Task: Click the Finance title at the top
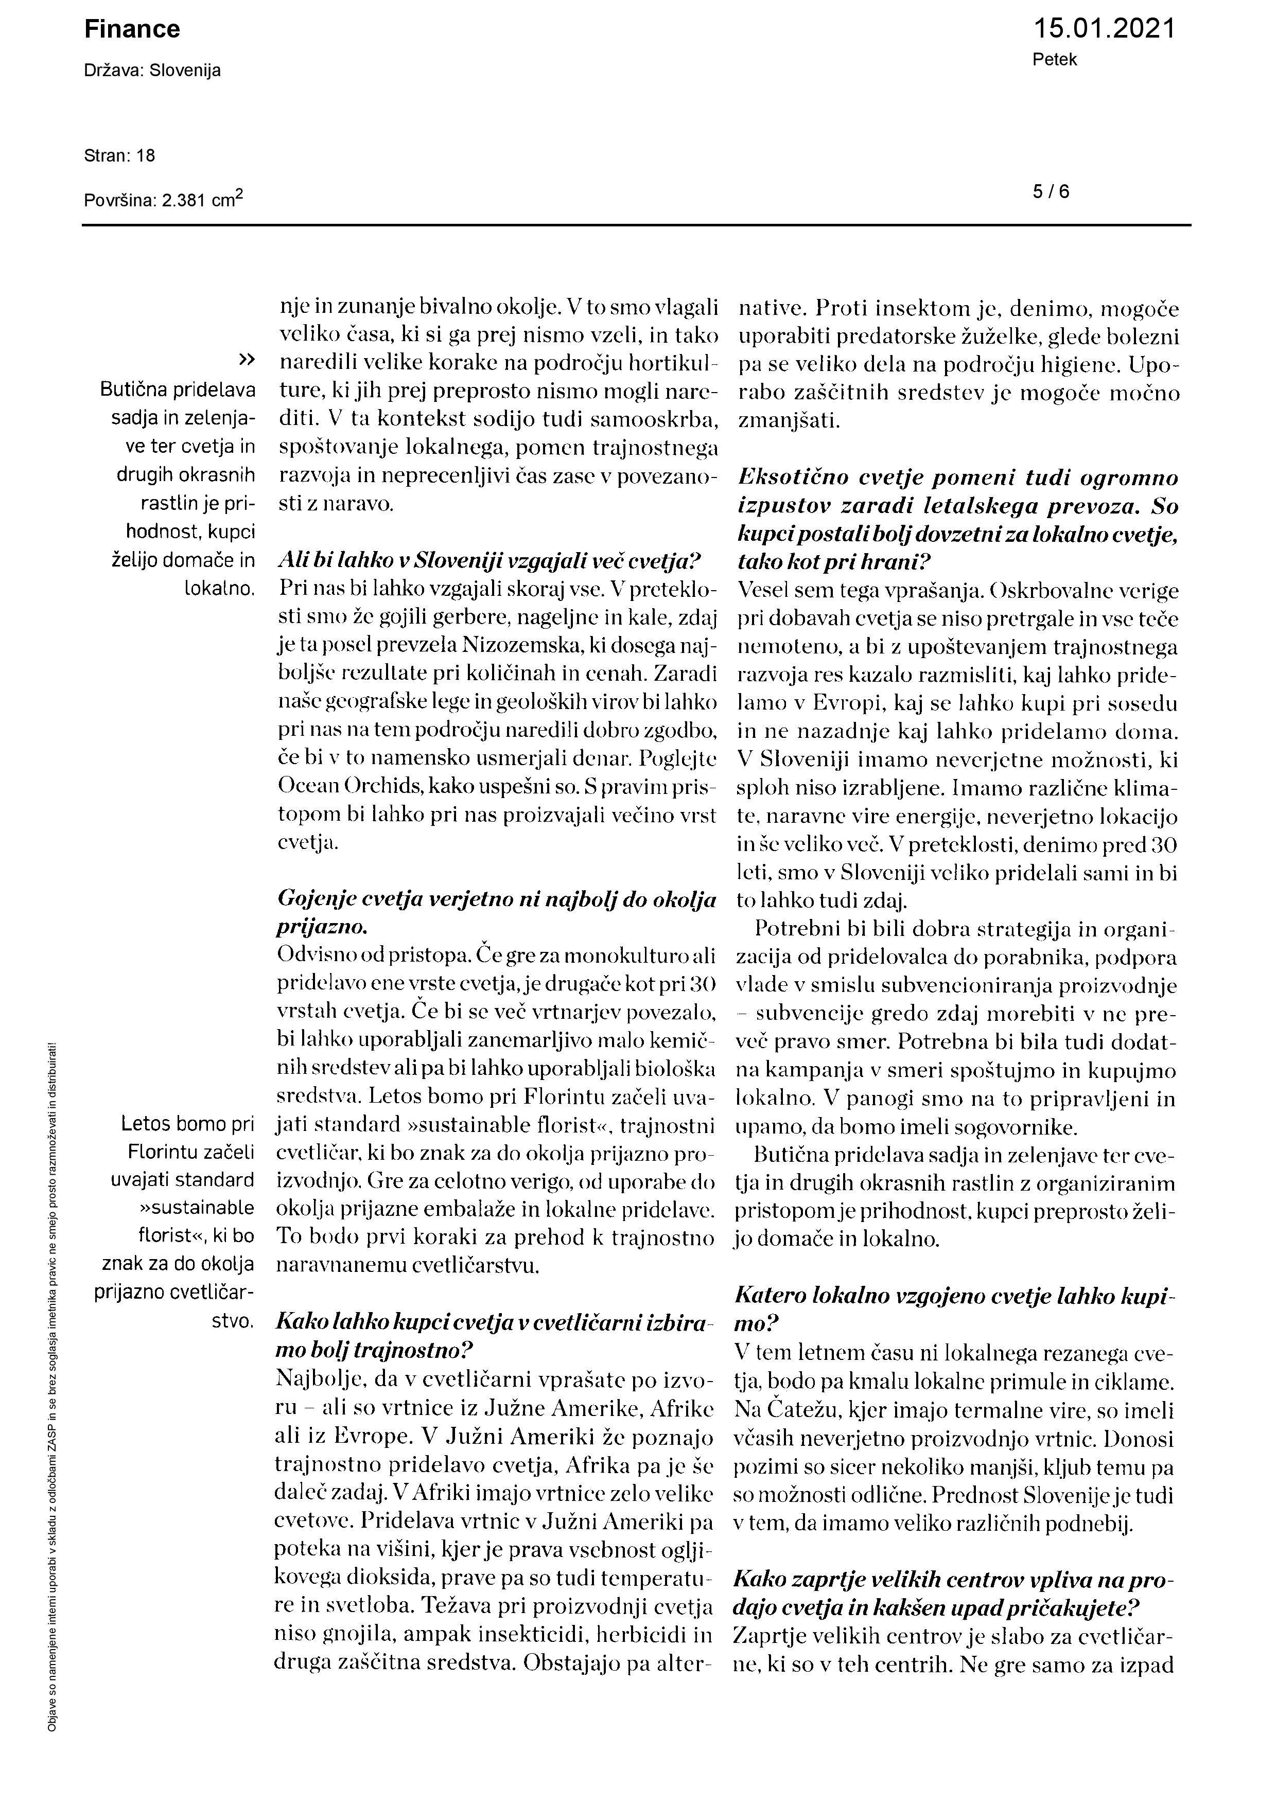click(x=132, y=30)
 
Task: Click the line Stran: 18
click(x=119, y=156)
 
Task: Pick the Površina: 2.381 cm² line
click(x=164, y=199)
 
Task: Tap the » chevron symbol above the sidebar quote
click(x=246, y=359)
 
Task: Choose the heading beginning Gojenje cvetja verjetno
click(x=496, y=900)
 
